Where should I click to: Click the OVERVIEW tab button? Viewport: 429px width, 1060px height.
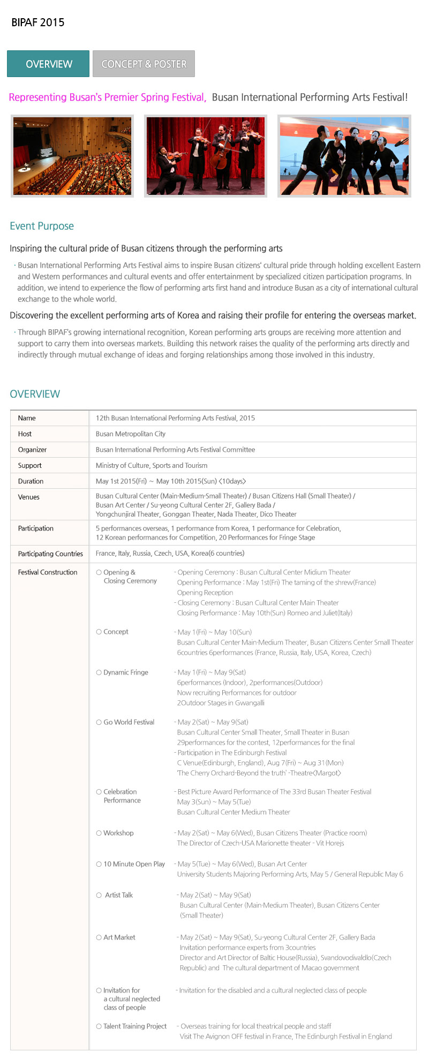[x=48, y=64]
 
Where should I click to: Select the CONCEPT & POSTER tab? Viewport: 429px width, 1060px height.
[x=144, y=64]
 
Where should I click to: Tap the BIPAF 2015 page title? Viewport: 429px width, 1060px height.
[x=38, y=22]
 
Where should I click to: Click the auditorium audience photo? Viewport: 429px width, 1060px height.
[x=72, y=156]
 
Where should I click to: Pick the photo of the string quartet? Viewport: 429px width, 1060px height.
[x=206, y=156]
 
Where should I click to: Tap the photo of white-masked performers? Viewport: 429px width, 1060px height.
[x=344, y=156]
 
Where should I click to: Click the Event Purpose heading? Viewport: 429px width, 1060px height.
[x=42, y=226]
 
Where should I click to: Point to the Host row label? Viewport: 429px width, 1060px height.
[x=25, y=434]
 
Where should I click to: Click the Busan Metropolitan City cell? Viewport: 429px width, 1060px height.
[x=131, y=434]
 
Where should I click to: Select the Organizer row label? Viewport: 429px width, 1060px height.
[x=32, y=450]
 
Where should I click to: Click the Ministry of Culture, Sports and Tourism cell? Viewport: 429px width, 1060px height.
[x=152, y=466]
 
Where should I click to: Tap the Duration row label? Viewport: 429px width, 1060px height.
[x=31, y=481]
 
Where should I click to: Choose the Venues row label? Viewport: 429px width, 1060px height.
[x=28, y=497]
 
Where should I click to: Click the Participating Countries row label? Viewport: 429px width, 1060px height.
[x=50, y=554]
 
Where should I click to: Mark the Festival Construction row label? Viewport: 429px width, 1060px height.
[x=48, y=572]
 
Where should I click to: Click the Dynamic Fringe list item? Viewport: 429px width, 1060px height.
[x=125, y=672]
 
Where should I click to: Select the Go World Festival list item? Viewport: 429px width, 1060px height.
[x=129, y=722]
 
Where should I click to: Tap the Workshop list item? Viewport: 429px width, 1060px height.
[x=118, y=833]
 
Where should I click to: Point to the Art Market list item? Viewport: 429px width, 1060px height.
[x=119, y=937]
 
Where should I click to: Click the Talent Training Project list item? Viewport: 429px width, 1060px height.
[x=134, y=1026]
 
